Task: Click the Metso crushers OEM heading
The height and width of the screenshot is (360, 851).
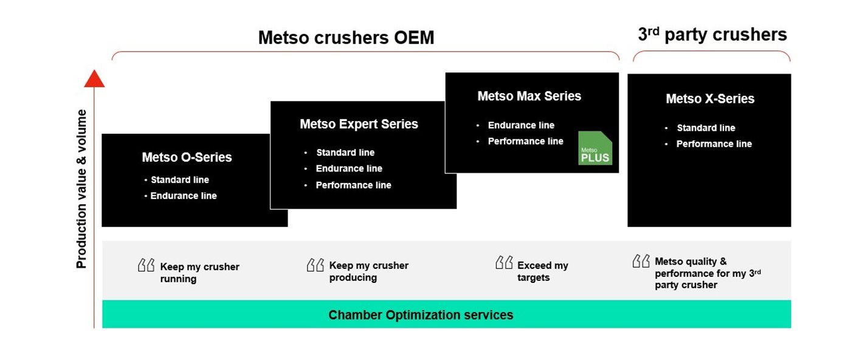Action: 346,38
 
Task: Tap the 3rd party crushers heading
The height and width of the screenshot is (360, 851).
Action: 712,35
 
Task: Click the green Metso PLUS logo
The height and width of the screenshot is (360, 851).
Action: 594,148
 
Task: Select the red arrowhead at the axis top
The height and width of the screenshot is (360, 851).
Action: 94,79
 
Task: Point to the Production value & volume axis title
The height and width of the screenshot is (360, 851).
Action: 81,189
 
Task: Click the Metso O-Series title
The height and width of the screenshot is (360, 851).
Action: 187,157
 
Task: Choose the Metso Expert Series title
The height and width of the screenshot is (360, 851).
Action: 359,124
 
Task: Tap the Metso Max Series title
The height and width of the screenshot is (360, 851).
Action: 529,96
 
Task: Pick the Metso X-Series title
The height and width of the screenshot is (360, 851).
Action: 709,99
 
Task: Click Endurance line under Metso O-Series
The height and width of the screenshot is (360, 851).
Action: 183,196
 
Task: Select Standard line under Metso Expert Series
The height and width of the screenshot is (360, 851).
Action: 345,153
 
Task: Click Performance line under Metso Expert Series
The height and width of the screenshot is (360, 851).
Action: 353,185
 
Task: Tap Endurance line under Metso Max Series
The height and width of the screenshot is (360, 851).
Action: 521,125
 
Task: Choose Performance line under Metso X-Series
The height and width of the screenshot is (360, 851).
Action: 714,144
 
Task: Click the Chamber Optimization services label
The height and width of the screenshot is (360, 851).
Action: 421,315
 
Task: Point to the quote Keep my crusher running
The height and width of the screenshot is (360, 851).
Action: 199,272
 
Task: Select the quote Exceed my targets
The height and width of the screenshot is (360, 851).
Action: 542,271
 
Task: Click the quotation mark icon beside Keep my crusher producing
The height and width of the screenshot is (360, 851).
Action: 315,265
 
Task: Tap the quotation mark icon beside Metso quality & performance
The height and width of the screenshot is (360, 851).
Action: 641,261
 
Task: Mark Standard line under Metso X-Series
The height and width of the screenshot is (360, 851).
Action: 706,128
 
